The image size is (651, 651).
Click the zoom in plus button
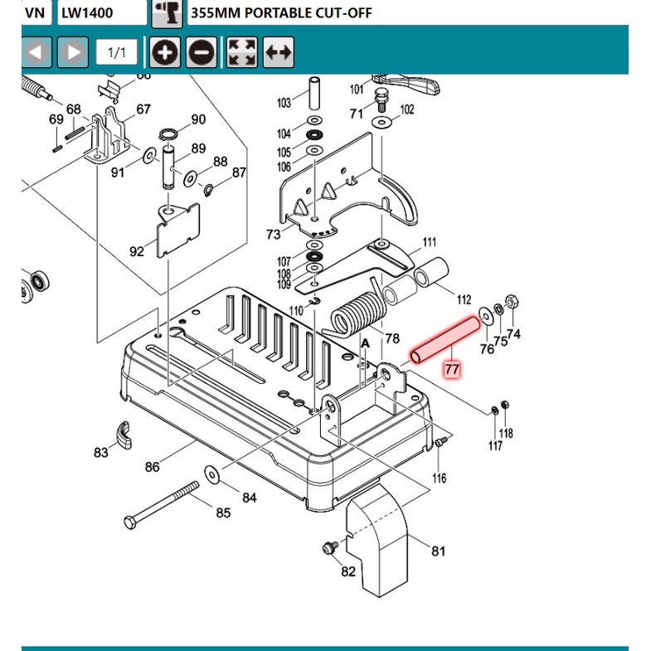pos(166,53)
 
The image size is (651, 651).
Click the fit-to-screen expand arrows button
pos(242,53)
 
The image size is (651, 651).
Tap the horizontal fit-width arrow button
pos(279,53)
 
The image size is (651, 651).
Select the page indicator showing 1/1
pos(117,53)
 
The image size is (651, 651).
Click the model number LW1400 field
pos(102,12)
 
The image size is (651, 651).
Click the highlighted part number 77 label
pos(451,367)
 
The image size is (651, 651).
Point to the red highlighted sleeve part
pos(446,338)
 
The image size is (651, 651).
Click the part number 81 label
pos(438,550)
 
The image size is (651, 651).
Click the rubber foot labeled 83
pos(123,433)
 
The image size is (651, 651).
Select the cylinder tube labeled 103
pos(314,96)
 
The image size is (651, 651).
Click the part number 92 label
pos(137,250)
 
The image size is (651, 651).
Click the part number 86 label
pos(152,467)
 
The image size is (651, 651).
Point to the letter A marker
pos(362,342)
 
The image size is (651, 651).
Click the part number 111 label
pos(429,242)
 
